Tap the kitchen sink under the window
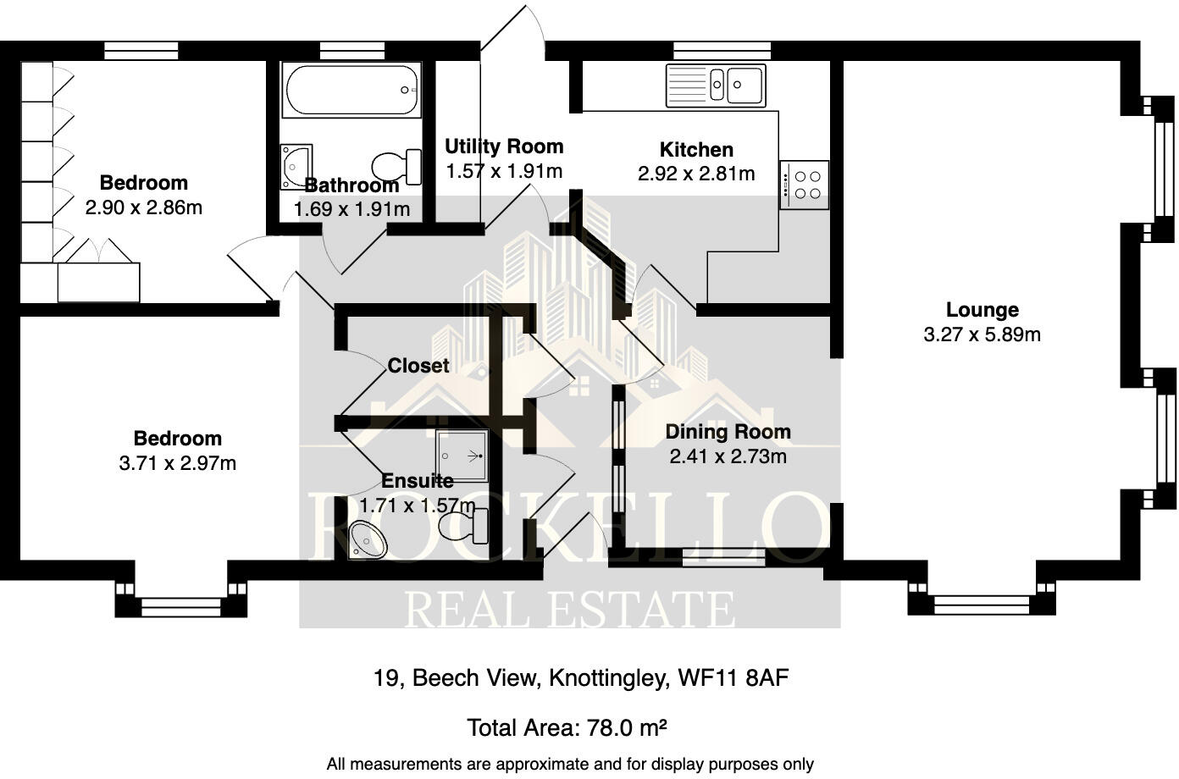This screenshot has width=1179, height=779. (716, 85)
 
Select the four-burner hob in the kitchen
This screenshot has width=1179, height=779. (804, 185)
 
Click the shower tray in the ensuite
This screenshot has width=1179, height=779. (462, 455)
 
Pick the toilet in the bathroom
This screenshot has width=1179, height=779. (398, 166)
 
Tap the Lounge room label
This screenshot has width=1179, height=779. (982, 310)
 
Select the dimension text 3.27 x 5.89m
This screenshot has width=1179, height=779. (982, 334)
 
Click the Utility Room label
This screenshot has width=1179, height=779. (504, 146)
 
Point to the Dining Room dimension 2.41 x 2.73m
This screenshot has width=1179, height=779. (728, 457)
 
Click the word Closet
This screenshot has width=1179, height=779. (418, 366)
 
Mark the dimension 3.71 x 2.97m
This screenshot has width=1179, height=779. (178, 463)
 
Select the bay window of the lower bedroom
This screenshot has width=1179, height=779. (180, 605)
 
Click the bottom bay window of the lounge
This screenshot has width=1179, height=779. (982, 604)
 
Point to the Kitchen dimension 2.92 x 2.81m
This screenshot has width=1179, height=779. (695, 174)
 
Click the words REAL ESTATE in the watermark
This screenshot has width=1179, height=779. (568, 609)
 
